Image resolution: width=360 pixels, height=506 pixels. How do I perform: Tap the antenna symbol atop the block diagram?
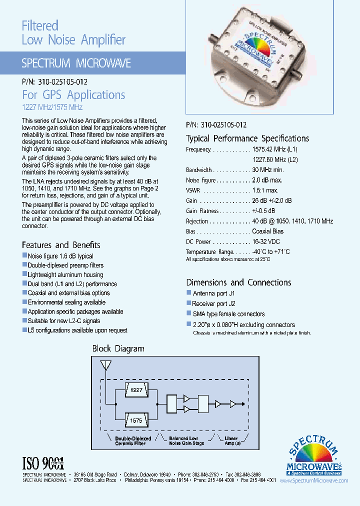pos(105,366)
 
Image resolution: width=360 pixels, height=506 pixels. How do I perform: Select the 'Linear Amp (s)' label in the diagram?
pos(231,441)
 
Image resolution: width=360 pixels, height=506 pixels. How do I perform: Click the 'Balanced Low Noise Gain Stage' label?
pos(186,441)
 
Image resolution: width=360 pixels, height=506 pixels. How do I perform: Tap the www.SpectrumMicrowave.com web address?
pos(314,480)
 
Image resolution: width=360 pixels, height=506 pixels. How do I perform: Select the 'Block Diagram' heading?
pos(118,348)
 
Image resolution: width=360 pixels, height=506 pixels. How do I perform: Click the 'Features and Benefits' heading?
pos(61,245)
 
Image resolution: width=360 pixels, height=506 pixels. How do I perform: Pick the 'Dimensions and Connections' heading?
pos(238,282)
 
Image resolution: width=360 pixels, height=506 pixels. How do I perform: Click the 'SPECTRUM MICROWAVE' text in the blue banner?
pos(76,63)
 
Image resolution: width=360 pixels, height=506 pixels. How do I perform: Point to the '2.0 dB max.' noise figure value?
pos(267,180)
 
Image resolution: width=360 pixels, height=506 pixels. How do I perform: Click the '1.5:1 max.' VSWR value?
pos(265,190)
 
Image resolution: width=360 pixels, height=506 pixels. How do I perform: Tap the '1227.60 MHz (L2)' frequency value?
pos(275,159)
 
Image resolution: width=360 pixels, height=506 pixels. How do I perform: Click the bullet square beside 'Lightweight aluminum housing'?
pos(24,274)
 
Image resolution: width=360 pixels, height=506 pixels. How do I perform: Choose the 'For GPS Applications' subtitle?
pos(73,95)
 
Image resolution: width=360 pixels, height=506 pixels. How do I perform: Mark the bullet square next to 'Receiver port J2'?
pos(189,303)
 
